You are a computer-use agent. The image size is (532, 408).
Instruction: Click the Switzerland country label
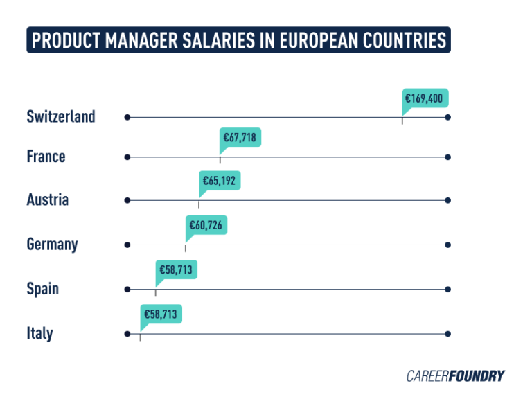[61, 116]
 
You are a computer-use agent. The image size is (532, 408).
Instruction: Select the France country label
[46, 157]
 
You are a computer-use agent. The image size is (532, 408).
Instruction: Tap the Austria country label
[47, 200]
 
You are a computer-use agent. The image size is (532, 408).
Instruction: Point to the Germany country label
[52, 245]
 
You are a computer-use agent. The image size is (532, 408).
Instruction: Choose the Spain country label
[42, 289]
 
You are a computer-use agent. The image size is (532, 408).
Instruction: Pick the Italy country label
[39, 333]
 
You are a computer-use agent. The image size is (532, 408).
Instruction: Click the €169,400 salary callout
[423, 98]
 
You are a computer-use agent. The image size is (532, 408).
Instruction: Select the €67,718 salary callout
[239, 138]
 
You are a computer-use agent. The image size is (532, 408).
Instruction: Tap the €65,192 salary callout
[219, 181]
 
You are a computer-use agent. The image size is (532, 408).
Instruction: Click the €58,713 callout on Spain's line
[175, 270]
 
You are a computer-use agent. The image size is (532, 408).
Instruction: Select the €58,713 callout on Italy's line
[160, 314]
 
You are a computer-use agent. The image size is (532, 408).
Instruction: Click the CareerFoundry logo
[455, 376]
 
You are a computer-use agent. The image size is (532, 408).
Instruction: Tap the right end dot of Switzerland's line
[448, 117]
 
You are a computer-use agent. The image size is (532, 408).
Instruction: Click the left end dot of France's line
[127, 157]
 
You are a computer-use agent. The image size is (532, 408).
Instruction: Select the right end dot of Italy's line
[448, 334]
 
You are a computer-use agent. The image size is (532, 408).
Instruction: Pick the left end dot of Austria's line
[127, 201]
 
